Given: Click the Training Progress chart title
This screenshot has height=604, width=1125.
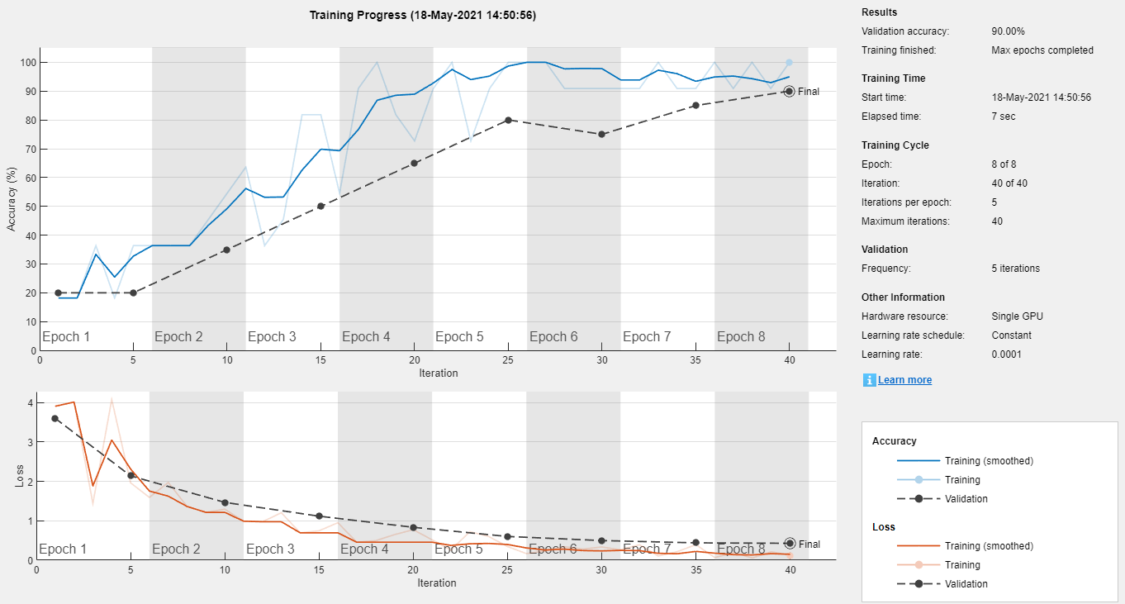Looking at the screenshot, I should tap(422, 15).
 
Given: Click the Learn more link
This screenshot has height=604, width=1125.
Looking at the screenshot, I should tap(904, 380).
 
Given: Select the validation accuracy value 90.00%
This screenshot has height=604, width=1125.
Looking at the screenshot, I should tap(1008, 31).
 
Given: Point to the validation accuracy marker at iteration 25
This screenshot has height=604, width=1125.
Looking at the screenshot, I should tap(508, 120).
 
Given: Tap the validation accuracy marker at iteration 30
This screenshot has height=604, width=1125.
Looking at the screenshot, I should tap(601, 134).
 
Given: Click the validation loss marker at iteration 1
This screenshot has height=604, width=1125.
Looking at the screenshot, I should tap(55, 418).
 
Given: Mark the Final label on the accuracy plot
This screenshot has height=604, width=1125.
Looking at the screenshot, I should tap(809, 92).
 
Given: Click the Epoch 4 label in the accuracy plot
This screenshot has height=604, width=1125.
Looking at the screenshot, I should tap(366, 337).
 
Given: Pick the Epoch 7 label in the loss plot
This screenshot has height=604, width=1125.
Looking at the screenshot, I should tap(647, 549).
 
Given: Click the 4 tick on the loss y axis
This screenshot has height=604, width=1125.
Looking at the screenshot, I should tap(30, 403).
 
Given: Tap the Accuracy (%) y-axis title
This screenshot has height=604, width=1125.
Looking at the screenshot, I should tap(12, 198).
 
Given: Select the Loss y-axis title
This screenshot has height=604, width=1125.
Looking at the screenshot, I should tap(19, 477).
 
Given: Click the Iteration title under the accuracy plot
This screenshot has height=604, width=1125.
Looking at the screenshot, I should tap(438, 373).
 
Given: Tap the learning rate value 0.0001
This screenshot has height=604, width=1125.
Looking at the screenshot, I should tap(1007, 354).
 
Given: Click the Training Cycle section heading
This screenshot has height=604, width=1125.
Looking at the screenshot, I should tap(895, 145).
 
